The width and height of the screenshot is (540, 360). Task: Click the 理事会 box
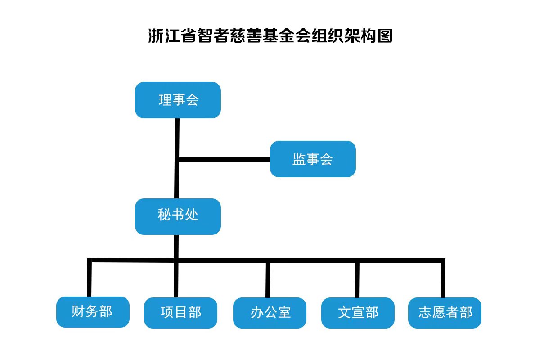(178, 100)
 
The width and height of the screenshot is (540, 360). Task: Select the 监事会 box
(313, 159)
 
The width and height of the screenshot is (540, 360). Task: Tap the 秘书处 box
(178, 216)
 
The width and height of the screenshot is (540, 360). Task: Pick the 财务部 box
(93, 311)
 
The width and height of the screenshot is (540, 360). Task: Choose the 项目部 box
(180, 312)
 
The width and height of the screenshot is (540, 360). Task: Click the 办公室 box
(270, 312)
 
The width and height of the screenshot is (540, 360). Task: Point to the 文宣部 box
(358, 312)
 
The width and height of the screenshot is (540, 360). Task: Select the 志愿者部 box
(445, 312)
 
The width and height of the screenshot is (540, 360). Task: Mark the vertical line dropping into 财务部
(89, 279)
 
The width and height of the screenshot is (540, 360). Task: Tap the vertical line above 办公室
(268, 279)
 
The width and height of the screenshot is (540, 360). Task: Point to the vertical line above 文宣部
(357, 279)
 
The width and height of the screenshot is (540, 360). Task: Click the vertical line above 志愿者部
(443, 279)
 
